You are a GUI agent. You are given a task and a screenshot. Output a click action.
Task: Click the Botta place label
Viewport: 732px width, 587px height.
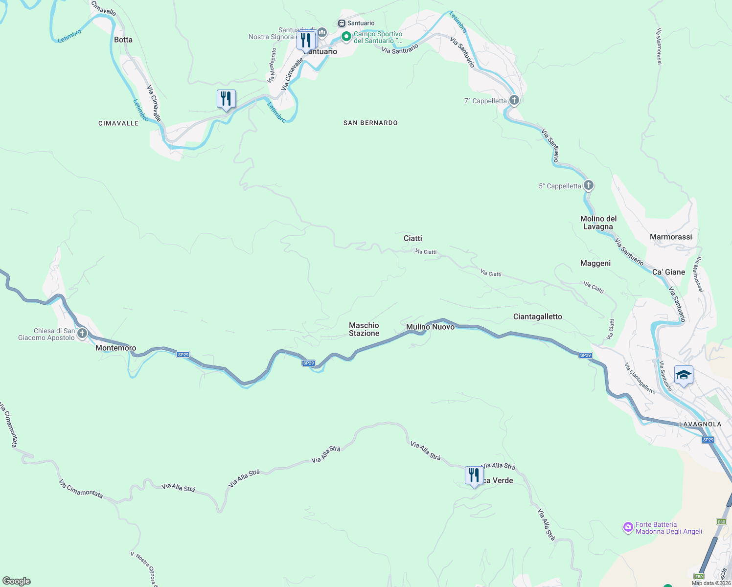click(x=123, y=40)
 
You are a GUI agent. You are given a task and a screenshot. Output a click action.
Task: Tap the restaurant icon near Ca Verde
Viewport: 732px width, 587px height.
click(x=474, y=476)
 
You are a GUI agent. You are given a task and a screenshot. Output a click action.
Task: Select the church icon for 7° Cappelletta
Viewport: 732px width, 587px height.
click(x=514, y=100)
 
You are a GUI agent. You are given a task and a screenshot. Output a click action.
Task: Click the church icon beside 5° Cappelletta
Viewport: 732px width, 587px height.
click(x=589, y=185)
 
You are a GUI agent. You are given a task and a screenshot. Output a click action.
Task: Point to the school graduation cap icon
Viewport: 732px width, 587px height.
click(x=683, y=375)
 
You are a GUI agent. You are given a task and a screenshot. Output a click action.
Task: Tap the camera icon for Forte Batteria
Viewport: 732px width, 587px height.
click(x=627, y=527)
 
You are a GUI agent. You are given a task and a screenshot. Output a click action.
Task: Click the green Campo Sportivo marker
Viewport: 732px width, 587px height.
click(x=346, y=37)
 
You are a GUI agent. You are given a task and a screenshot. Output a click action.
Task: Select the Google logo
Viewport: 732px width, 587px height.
click(x=17, y=581)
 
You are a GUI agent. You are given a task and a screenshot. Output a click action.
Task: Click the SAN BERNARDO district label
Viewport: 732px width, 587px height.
click(x=370, y=123)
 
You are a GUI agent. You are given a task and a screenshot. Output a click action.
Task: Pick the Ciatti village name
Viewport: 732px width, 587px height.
click(x=412, y=238)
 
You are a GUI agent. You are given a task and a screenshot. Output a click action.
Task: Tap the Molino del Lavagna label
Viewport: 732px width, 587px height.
click(x=598, y=223)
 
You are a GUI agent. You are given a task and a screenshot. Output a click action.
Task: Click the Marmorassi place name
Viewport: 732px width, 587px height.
click(x=670, y=237)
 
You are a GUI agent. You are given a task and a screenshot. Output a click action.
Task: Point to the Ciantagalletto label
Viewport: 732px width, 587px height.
click(x=537, y=316)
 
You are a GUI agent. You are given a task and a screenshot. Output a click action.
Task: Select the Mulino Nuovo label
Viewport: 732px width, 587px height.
click(x=430, y=327)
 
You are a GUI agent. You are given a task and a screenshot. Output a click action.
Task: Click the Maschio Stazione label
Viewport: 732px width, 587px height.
click(x=364, y=329)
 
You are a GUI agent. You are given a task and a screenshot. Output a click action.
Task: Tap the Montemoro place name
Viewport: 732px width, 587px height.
click(x=115, y=348)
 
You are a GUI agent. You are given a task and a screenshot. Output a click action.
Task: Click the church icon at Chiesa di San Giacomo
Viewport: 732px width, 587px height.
click(x=82, y=334)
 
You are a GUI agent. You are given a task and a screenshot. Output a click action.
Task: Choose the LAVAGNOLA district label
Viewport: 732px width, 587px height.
click(x=700, y=424)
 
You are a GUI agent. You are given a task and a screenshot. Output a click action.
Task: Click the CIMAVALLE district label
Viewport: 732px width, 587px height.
click(x=118, y=123)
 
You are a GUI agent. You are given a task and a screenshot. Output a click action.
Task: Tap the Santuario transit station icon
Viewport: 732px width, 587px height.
click(x=342, y=23)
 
